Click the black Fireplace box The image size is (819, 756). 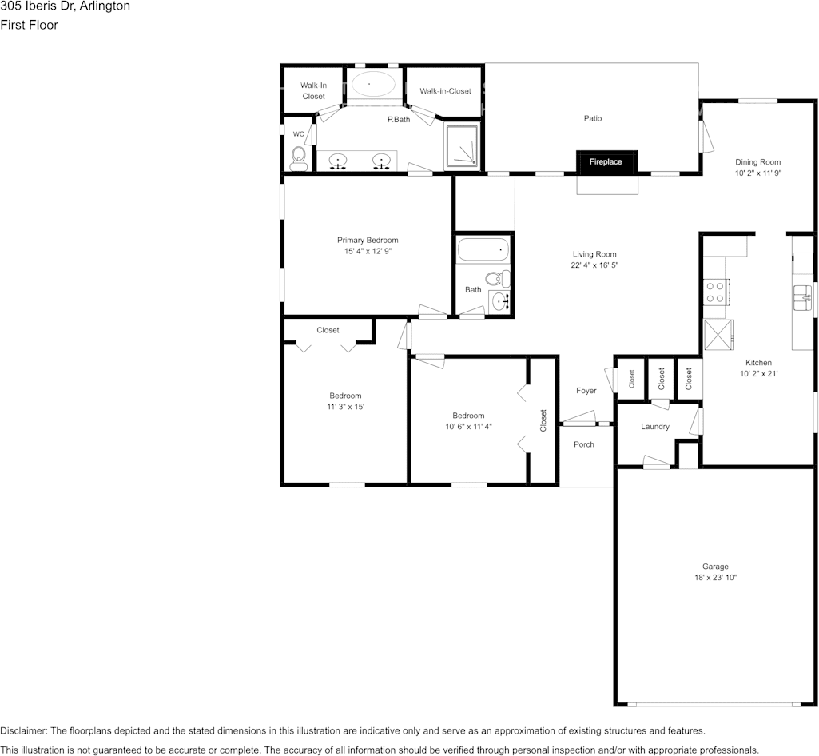pyautogui.click(x=606, y=161)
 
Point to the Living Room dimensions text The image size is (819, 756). pyautogui.click(x=594, y=265)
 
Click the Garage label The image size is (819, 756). pyautogui.click(x=714, y=567)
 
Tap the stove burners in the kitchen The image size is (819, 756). pyautogui.click(x=714, y=292)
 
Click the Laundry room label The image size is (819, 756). pyautogui.click(x=654, y=427)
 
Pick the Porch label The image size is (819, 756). pyautogui.click(x=584, y=444)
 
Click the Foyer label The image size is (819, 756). pyautogui.click(x=586, y=391)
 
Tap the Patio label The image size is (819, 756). pyautogui.click(x=592, y=118)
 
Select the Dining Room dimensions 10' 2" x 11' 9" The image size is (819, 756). pyautogui.click(x=757, y=173)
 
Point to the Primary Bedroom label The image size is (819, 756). pyautogui.click(x=368, y=240)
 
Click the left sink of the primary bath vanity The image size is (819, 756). pyautogui.click(x=339, y=161)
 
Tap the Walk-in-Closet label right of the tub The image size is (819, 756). pyautogui.click(x=445, y=91)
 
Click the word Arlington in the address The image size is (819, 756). pyautogui.click(x=105, y=6)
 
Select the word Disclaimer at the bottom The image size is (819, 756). pyautogui.click(x=23, y=731)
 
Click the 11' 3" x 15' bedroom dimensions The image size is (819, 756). pyautogui.click(x=345, y=407)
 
